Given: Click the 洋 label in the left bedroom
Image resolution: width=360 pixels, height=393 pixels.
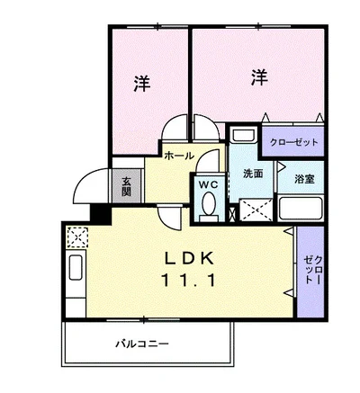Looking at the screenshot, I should coord(142,84).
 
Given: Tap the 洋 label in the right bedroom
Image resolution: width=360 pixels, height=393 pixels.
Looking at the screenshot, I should coord(258,78).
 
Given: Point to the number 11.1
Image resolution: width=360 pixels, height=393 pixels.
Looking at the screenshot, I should coord(190,280).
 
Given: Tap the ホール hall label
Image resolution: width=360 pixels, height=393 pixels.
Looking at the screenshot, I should coord(179,155).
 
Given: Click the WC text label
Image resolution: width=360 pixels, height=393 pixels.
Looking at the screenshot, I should coord(209,183).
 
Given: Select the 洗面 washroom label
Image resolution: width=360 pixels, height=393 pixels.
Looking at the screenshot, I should coord(251,173).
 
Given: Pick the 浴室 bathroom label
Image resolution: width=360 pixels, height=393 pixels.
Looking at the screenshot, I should coord(301,178).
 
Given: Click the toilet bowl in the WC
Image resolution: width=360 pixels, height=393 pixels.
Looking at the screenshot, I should coord(210,205).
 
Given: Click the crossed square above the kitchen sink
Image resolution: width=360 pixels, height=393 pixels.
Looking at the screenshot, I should coord(76,237).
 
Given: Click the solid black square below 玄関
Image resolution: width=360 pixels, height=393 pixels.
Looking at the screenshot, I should coord(100,215).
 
